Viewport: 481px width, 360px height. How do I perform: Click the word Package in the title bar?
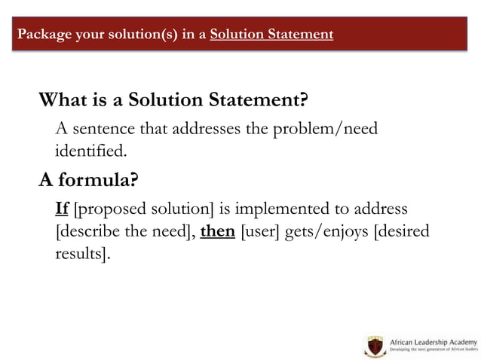coord(43,34)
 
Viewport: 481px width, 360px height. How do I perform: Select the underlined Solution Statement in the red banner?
coord(272,34)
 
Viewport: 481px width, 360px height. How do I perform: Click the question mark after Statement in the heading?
coord(306,100)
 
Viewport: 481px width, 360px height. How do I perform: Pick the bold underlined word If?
coord(63,209)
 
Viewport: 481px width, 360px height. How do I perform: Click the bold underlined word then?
coord(218,231)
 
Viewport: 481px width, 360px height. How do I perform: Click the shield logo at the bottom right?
coord(374,347)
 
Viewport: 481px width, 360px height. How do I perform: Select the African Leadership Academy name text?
coord(433,343)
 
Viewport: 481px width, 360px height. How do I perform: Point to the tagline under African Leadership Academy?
coord(433,352)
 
